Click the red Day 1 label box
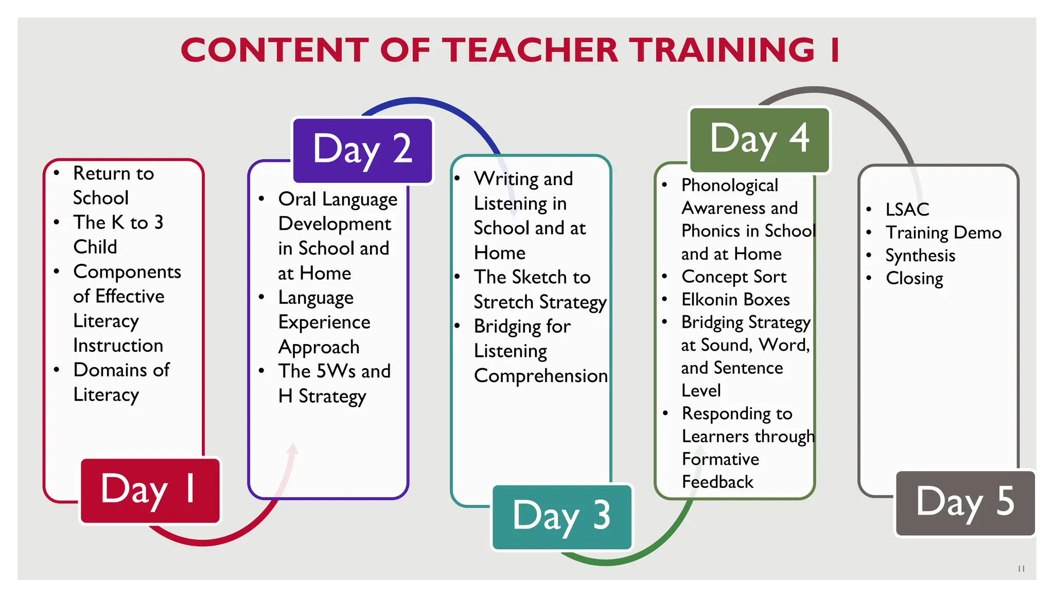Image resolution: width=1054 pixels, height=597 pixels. pyautogui.click(x=150, y=491)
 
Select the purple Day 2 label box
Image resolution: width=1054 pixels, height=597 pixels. pyautogui.click(x=363, y=150)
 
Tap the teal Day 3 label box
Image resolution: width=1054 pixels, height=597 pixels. pyautogui.click(x=562, y=517)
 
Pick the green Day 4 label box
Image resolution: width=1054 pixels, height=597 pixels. pyautogui.click(x=760, y=139)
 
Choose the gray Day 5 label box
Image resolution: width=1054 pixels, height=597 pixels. pyautogui.click(x=965, y=503)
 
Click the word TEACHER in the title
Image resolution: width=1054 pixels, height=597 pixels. pyautogui.click(x=530, y=50)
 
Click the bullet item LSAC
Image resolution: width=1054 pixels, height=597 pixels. pyautogui.click(x=907, y=209)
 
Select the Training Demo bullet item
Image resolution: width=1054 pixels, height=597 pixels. pyautogui.click(x=943, y=232)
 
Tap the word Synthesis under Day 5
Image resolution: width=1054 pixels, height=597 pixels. pyautogui.click(x=920, y=256)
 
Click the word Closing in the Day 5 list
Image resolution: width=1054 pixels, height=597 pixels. pyautogui.click(x=915, y=278)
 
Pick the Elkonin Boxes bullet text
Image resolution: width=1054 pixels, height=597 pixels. pyautogui.click(x=735, y=299)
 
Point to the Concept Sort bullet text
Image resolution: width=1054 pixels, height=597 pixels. pyautogui.click(x=734, y=277)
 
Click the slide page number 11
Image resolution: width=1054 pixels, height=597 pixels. pyautogui.click(x=1021, y=568)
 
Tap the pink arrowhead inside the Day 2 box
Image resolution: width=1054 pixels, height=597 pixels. pyautogui.click(x=293, y=449)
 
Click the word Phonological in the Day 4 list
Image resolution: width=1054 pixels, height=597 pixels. pyautogui.click(x=730, y=185)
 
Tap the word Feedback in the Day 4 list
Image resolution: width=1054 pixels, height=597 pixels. pyautogui.click(x=717, y=482)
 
